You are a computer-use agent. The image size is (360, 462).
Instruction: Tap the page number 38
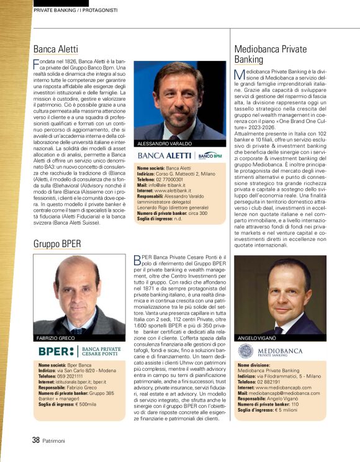(36, 440)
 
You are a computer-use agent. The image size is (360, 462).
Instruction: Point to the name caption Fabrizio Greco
(55, 338)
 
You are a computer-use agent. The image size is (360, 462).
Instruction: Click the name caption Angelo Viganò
(256, 338)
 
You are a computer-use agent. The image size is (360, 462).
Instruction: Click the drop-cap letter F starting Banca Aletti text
(35, 64)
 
